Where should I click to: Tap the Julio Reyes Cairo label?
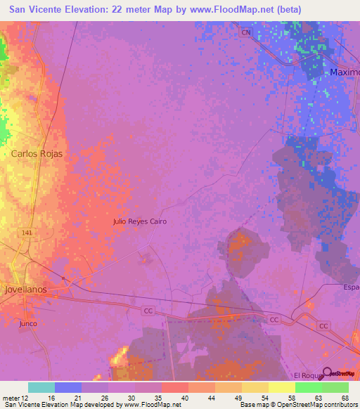pos(140,221)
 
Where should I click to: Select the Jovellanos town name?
pos(30,289)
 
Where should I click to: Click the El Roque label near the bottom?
pos(307,375)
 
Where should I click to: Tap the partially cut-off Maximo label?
pos(345,72)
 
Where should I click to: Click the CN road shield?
pos(245,33)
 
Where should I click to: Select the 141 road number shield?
pos(27,233)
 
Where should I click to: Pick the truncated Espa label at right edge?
pos(352,287)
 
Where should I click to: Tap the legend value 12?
pos(26,397)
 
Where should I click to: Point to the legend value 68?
pos(345,397)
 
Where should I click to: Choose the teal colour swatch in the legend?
pos(41,387)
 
